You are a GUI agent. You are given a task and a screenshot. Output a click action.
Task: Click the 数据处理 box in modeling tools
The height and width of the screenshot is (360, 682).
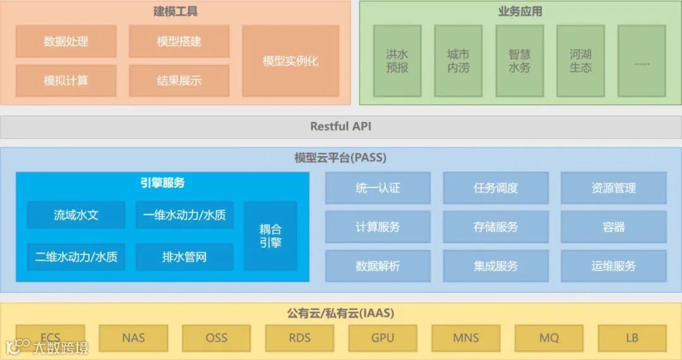pyautogui.click(x=66, y=42)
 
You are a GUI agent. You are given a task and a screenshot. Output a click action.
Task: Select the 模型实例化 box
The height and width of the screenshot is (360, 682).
pyautogui.click(x=290, y=61)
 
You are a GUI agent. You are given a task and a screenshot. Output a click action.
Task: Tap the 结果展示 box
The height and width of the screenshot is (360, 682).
pyautogui.click(x=179, y=81)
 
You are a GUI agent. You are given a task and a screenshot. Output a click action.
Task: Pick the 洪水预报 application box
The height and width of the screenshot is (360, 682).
pyautogui.click(x=397, y=61)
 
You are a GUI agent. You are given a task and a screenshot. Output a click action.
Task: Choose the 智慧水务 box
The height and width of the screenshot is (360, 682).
pyautogui.click(x=519, y=61)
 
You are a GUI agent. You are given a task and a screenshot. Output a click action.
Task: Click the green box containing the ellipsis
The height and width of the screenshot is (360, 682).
pyautogui.click(x=642, y=61)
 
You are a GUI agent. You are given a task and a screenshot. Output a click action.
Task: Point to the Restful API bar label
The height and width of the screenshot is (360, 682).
pyautogui.click(x=341, y=126)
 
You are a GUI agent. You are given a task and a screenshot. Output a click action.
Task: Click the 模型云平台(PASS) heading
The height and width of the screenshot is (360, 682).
pyautogui.click(x=340, y=157)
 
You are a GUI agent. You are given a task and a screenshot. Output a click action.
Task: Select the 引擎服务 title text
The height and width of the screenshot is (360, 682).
pyautogui.click(x=162, y=183)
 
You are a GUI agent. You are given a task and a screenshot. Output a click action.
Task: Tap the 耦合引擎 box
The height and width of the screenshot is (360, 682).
pyautogui.click(x=270, y=236)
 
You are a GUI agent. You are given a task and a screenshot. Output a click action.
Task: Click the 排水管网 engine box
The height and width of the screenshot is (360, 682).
pyautogui.click(x=184, y=257)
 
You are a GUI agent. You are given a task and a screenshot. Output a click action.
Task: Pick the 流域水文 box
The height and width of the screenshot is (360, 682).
pyautogui.click(x=76, y=215)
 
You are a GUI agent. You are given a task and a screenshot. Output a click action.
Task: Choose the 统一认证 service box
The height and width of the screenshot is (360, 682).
pyautogui.click(x=378, y=188)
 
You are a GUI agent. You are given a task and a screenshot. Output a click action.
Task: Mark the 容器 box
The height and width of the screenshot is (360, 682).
pyautogui.click(x=613, y=227)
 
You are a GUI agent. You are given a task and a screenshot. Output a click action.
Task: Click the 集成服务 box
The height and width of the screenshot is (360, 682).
pyautogui.click(x=496, y=266)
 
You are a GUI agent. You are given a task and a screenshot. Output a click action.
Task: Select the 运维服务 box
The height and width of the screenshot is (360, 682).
pyautogui.click(x=613, y=266)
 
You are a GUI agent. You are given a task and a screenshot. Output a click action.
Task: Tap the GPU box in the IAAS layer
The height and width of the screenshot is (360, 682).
pyautogui.click(x=383, y=338)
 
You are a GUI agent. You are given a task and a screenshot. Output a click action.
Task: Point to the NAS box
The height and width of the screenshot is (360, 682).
pyautogui.click(x=133, y=338)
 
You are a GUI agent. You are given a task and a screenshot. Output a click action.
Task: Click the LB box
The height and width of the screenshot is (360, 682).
pyautogui.click(x=632, y=338)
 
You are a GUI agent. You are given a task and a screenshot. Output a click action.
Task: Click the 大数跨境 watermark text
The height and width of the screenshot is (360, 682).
pyautogui.click(x=61, y=347)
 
